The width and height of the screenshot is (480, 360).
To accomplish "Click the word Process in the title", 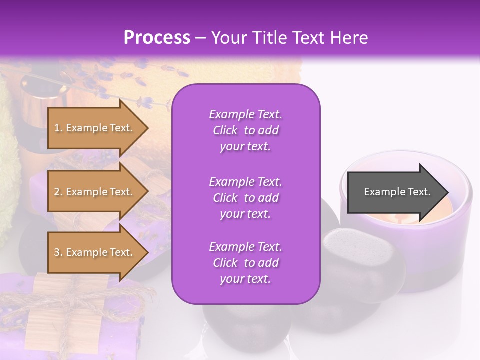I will coord(157,38).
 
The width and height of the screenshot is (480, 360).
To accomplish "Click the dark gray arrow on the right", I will coord(395,192).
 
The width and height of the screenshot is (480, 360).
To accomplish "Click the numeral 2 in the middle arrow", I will coord(57,192).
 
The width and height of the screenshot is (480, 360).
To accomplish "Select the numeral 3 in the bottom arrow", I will coord(57,252).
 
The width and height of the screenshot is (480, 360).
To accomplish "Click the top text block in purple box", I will coord(245,130).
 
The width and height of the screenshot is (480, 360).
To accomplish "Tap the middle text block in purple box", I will coord(245,197).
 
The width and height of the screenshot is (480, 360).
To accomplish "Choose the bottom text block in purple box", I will coord(245,262).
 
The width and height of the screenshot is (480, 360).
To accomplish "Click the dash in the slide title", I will coord(200,38).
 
